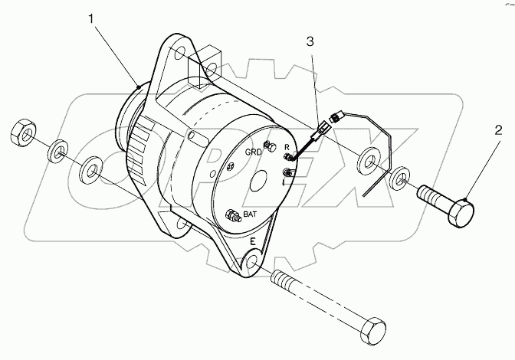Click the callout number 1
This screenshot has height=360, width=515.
click(91, 18)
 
